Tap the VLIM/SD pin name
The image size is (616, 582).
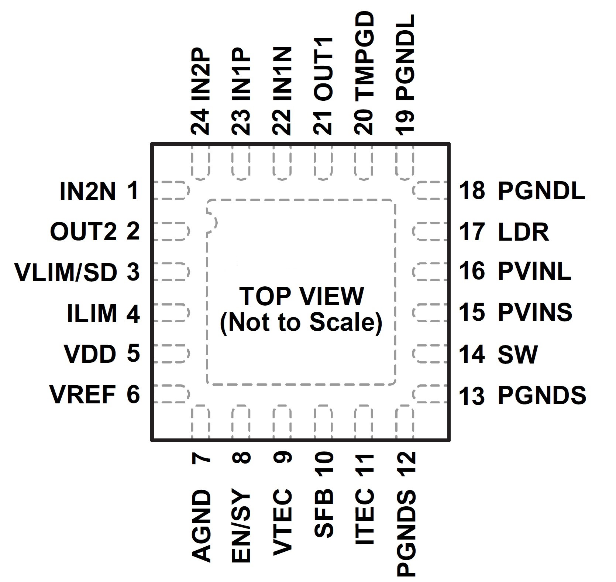pyautogui.click(x=66, y=272)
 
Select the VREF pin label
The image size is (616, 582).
pyautogui.click(x=83, y=395)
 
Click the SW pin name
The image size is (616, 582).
pyautogui.click(x=517, y=354)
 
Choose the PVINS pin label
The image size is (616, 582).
pyautogui.click(x=535, y=312)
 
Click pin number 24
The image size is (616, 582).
pyautogui.click(x=201, y=121)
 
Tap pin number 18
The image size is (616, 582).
pyautogui.click(x=471, y=191)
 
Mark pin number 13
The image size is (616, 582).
pyautogui.click(x=471, y=396)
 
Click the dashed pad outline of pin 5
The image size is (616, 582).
pyautogui.click(x=171, y=354)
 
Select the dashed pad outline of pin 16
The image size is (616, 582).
pyautogui.click(x=430, y=272)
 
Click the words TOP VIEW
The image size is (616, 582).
pyautogui.click(x=302, y=296)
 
